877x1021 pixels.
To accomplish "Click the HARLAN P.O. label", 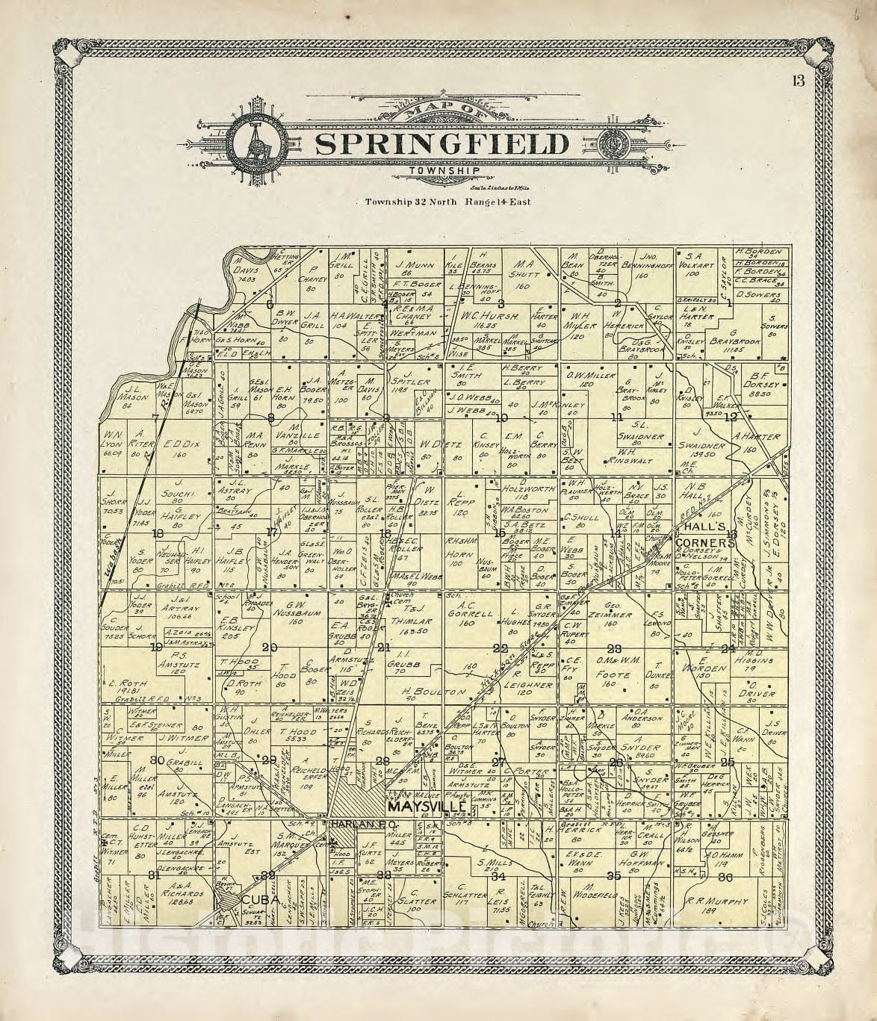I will pos(356,824).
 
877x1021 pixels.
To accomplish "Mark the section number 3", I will pos(501,303).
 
